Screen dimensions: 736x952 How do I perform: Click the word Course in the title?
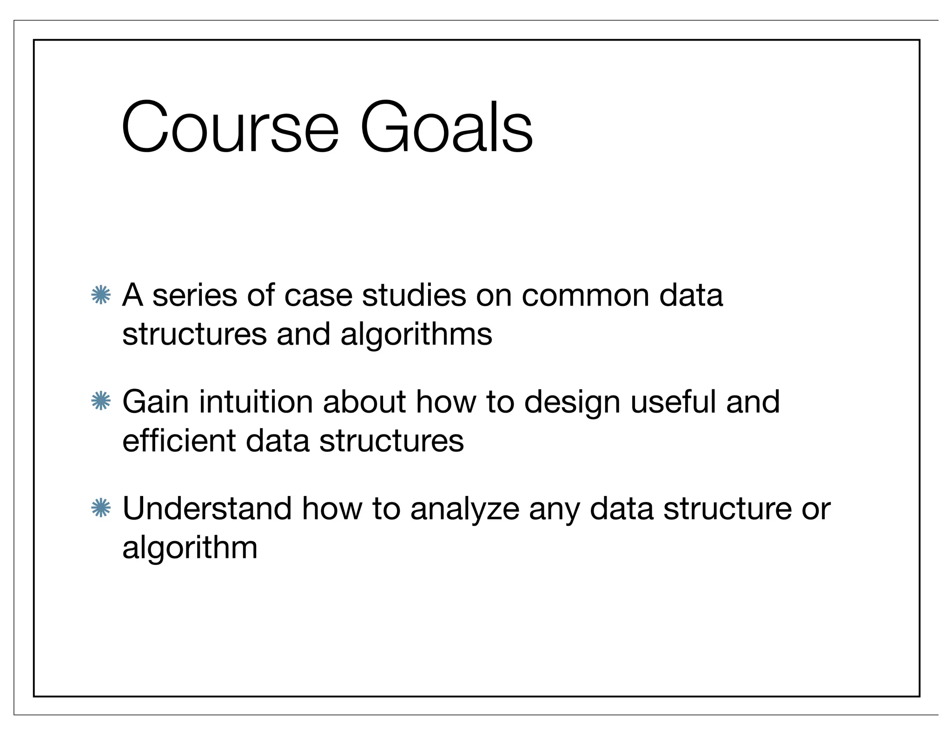(230, 127)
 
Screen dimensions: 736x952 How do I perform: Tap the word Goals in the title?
(446, 127)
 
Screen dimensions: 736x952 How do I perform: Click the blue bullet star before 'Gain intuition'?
(101, 401)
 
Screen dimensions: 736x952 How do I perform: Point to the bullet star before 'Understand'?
(101, 508)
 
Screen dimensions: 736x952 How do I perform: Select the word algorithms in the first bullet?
(416, 335)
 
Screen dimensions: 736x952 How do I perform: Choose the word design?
(572, 403)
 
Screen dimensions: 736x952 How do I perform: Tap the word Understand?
(207, 508)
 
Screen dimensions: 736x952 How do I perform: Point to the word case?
(318, 296)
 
